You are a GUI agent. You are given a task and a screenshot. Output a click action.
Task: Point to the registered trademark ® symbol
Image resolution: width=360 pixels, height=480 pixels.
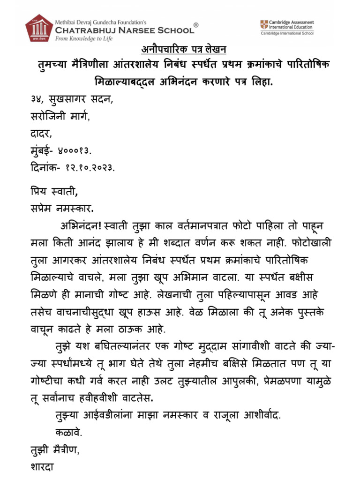196,25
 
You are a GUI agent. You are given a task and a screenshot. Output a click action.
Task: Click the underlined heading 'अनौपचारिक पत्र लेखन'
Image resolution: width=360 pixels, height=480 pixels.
180,50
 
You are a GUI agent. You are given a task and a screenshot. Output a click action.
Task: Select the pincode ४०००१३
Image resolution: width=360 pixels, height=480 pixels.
75,151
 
